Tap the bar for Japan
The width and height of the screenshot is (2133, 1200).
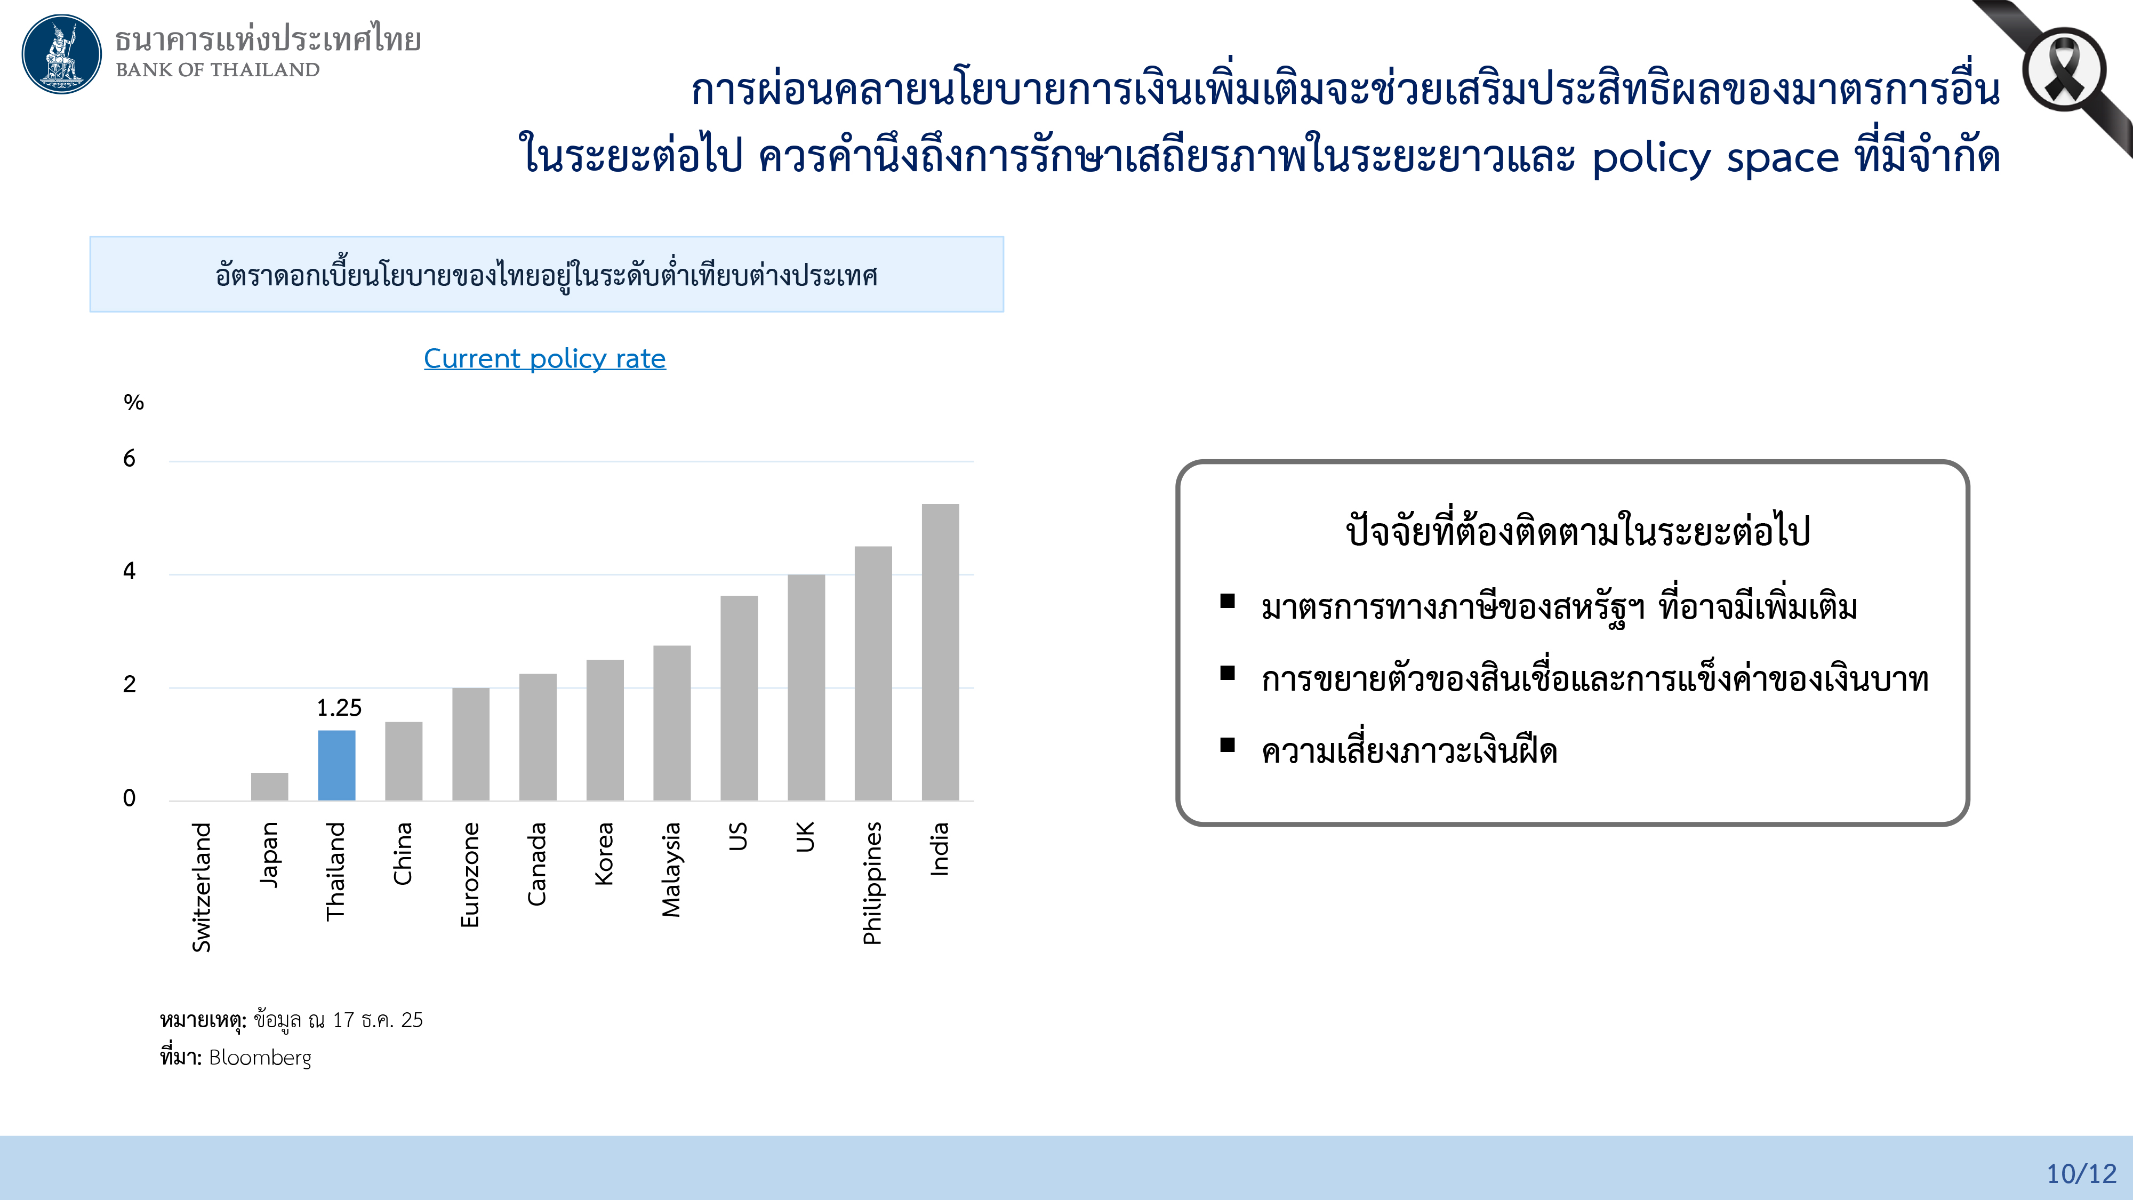269,786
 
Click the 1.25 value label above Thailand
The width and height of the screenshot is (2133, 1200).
339,708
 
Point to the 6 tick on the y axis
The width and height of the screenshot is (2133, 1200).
129,459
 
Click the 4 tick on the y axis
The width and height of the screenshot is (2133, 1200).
129,571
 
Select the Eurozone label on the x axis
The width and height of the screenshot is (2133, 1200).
469,875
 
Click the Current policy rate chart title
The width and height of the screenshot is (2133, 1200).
544,358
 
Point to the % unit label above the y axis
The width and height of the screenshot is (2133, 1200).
133,403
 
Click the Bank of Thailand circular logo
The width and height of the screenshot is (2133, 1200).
61,54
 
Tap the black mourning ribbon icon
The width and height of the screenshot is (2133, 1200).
2064,70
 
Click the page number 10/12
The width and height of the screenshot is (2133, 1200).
2081,1173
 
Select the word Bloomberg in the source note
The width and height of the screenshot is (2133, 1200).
260,1058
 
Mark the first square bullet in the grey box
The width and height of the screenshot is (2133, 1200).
1227,601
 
